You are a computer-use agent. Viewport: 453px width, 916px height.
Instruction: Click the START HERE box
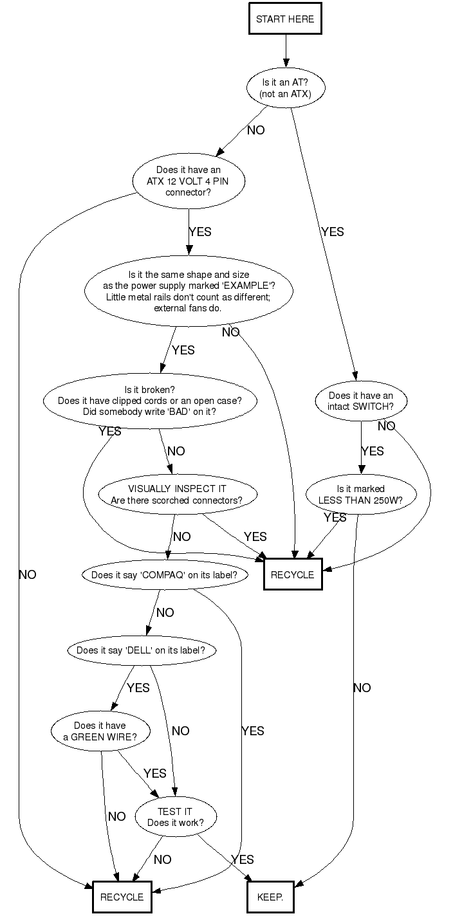pyautogui.click(x=285, y=19)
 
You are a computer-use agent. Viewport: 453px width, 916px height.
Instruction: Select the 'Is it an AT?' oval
pyautogui.click(x=285, y=88)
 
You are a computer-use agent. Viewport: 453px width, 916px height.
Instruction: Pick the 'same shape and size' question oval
pyautogui.click(x=189, y=291)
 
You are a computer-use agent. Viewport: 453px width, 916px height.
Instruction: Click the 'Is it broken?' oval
pyautogui.click(x=150, y=401)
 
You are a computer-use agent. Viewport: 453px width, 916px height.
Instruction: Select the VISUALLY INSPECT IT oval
pyautogui.click(x=177, y=495)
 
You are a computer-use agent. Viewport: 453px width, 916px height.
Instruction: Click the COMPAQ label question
pyautogui.click(x=165, y=575)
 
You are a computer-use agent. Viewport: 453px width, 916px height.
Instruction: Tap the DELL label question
pyautogui.click(x=141, y=650)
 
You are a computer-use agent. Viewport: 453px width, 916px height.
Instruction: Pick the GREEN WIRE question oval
pyautogui.click(x=100, y=731)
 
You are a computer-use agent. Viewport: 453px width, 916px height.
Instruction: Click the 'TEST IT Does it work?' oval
pyautogui.click(x=175, y=818)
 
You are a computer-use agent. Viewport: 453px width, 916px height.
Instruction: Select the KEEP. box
pyautogui.click(x=270, y=897)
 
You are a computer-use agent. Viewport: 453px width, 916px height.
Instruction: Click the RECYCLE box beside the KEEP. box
pyautogui.click(x=122, y=897)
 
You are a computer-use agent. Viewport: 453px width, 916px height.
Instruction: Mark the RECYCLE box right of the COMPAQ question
pyautogui.click(x=293, y=574)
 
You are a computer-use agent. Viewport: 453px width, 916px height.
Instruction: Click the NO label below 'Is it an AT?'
pyautogui.click(x=255, y=131)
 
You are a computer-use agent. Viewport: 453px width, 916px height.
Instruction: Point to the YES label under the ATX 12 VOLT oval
pyautogui.click(x=199, y=232)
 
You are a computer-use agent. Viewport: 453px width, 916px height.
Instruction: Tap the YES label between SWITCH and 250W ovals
pyautogui.click(x=373, y=451)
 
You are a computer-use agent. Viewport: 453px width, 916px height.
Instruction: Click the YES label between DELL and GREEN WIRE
pyautogui.click(x=138, y=688)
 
